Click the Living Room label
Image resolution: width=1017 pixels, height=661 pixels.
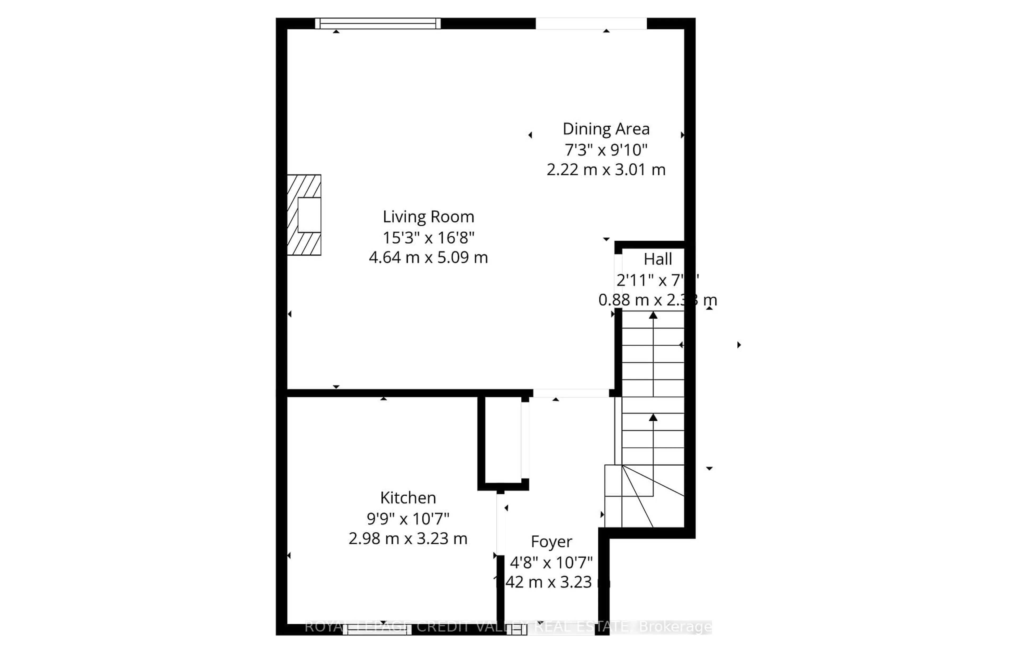coord(428,217)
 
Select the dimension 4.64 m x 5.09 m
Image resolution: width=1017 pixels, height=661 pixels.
coord(428,257)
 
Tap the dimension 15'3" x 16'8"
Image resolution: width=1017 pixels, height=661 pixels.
coord(428,237)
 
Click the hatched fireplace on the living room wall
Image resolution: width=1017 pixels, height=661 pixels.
coord(304,215)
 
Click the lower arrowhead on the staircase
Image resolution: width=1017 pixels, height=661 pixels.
coord(653,417)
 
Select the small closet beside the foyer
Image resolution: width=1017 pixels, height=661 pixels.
coord(503,440)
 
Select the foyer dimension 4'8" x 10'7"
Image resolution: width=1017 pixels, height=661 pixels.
coord(551,562)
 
